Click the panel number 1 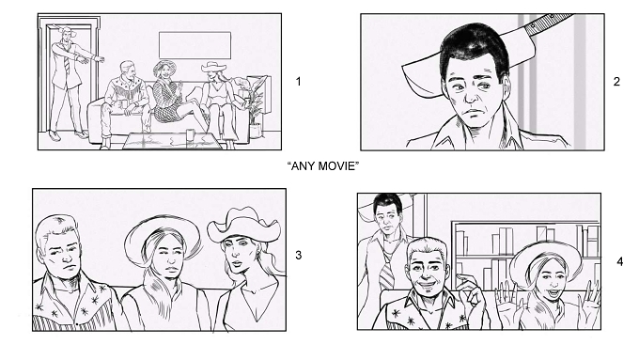(x=298, y=82)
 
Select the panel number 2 (x=616, y=82)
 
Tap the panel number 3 (x=298, y=256)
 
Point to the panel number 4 (x=620, y=261)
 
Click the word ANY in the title (x=303, y=166)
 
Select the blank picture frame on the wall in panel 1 (x=195, y=45)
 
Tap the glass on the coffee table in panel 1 (x=190, y=134)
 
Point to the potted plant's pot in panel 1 (x=255, y=131)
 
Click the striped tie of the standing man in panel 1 (x=67, y=65)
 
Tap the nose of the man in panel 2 (x=472, y=96)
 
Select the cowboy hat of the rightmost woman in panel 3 (x=243, y=226)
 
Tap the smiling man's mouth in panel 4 (x=427, y=284)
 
